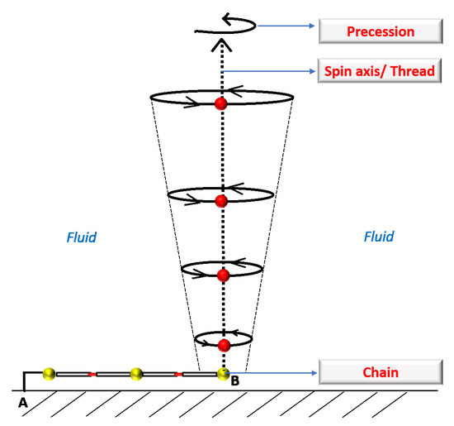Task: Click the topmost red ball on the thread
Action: [221, 103]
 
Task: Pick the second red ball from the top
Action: [221, 201]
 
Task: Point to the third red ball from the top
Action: [221, 275]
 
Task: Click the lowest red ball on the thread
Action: [223, 344]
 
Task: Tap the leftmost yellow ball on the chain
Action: [50, 375]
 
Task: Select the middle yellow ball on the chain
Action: [136, 375]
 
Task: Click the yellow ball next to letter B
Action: [223, 374]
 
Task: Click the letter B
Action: [234, 381]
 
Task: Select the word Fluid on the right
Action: [379, 237]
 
